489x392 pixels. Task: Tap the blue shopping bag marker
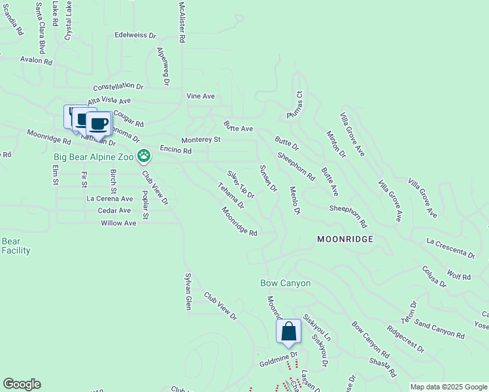[288, 332]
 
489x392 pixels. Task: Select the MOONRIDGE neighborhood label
[345, 239]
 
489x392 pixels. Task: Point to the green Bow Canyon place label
[285, 284]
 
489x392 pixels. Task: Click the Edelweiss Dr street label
[135, 35]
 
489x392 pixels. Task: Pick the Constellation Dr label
[118, 86]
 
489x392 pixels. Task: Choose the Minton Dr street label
[336, 145]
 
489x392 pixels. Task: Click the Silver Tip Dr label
[241, 184]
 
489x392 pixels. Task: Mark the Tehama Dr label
[231, 195]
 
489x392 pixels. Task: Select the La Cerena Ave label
[110, 199]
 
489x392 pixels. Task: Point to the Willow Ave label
[118, 223]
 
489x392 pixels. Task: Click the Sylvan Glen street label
[188, 291]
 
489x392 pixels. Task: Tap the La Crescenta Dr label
[450, 248]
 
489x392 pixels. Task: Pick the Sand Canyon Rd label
[439, 330]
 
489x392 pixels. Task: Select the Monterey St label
[201, 140]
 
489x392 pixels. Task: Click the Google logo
[22, 385]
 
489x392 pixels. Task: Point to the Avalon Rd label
[36, 61]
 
